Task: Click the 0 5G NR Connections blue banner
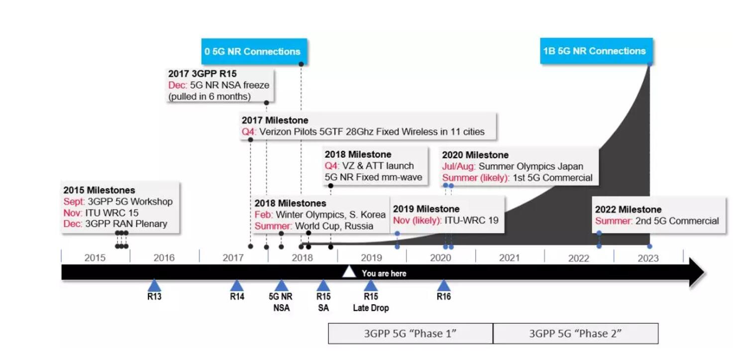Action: click(254, 51)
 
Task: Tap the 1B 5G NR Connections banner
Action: click(596, 51)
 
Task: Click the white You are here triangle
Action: click(349, 272)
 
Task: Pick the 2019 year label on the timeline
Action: click(371, 257)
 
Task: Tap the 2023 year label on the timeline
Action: click(648, 258)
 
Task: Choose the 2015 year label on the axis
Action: click(95, 257)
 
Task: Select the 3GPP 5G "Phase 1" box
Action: click(410, 333)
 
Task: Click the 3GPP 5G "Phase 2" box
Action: click(576, 333)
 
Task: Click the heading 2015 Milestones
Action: click(99, 190)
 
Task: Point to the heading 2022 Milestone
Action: click(628, 209)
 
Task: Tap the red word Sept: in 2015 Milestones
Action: click(74, 201)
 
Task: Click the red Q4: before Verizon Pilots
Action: click(249, 131)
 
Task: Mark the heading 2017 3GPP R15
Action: click(203, 73)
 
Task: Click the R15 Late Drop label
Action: click(371, 302)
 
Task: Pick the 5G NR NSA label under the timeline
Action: click(281, 302)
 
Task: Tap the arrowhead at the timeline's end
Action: click(697, 272)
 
